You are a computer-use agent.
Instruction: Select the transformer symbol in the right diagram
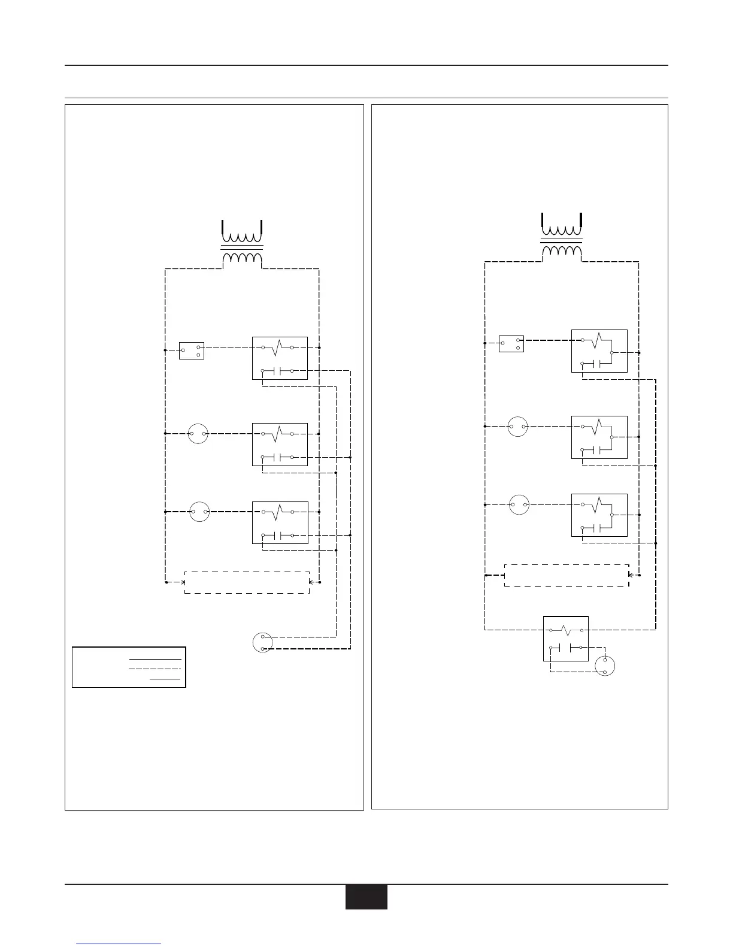pyautogui.click(x=562, y=237)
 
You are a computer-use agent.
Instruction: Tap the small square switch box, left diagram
pyautogui.click(x=192, y=350)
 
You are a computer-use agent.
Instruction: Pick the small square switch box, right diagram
pyautogui.click(x=511, y=343)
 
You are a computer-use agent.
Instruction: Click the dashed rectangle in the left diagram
pyautogui.click(x=247, y=582)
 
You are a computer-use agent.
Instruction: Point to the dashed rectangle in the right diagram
pyautogui.click(x=567, y=575)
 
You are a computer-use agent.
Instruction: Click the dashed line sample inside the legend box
pyautogui.click(x=155, y=668)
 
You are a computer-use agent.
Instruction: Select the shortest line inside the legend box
pyautogui.click(x=165, y=679)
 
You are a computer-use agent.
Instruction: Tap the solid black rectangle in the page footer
pyautogui.click(x=366, y=897)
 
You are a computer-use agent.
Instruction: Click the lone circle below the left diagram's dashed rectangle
pyautogui.click(x=263, y=642)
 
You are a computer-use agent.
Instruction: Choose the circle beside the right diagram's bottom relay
pyautogui.click(x=605, y=666)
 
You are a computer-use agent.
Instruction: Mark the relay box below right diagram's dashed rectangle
pyautogui.click(x=566, y=639)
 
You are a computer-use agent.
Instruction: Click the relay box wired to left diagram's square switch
pyautogui.click(x=280, y=358)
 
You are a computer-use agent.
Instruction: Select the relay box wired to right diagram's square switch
pyautogui.click(x=599, y=350)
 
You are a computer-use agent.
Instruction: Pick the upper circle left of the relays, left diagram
pyautogui.click(x=198, y=433)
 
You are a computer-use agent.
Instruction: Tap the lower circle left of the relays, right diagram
pyautogui.click(x=519, y=504)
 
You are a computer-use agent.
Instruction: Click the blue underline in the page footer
pyautogui.click(x=119, y=944)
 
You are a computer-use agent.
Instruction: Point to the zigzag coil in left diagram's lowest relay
pyautogui.click(x=277, y=512)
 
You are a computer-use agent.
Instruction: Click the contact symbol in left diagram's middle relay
pyautogui.click(x=277, y=458)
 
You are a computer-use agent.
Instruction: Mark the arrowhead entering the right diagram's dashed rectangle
pyautogui.click(x=629, y=575)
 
